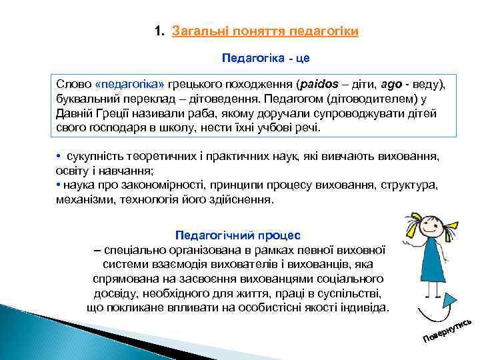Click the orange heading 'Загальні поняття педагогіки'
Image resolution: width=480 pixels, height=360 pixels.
[x=265, y=31]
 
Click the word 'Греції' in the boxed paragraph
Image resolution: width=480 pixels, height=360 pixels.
[x=107, y=113]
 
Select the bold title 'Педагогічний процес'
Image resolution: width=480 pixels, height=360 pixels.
[x=237, y=235]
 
